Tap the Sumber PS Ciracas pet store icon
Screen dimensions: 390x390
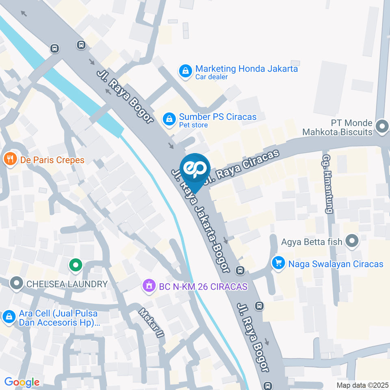[169, 119]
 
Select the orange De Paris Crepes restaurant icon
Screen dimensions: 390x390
[10, 159]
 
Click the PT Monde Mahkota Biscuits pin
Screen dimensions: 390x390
[382, 126]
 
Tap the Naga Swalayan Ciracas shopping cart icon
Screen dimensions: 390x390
[278, 263]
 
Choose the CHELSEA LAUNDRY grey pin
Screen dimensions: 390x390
[16, 284]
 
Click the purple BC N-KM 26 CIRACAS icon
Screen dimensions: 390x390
[149, 286]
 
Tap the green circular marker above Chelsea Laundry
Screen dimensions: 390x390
[75, 266]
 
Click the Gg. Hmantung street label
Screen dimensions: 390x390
[327, 184]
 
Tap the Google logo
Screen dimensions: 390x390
[22, 382]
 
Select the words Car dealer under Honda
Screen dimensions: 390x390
[211, 77]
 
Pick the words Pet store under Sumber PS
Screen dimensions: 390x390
[193, 125]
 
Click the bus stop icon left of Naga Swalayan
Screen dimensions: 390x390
[240, 270]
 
